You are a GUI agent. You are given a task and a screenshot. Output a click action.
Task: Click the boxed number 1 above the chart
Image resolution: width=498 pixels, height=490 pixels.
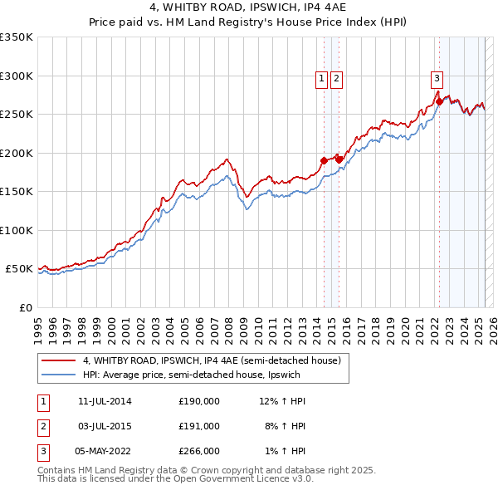coord(321,79)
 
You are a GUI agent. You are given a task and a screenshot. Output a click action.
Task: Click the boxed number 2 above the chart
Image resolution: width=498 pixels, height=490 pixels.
coord(336,79)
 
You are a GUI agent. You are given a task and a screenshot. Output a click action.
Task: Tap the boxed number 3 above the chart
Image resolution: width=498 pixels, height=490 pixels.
coord(437,79)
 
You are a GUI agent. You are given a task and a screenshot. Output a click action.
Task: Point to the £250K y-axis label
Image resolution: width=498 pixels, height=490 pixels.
coord(17,115)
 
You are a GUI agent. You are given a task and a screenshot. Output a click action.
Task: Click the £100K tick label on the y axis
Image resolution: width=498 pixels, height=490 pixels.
coord(17,230)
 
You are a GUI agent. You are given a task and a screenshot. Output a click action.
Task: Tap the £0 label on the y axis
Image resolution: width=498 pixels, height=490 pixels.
coord(26,307)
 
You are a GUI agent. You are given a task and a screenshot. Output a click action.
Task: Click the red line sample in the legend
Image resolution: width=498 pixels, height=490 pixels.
coord(58,360)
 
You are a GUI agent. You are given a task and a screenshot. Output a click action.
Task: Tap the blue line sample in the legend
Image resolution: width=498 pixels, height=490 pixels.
coord(58,375)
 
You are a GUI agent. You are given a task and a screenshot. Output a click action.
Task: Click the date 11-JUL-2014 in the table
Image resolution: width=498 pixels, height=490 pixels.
coord(105,402)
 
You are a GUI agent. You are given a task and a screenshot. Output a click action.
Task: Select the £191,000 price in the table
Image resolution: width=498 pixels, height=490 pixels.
coord(199,426)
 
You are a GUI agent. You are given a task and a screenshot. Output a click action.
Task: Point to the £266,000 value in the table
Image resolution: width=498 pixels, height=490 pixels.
coord(199,451)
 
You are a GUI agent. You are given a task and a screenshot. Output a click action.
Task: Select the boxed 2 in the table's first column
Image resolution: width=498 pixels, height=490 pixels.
coord(42,426)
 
